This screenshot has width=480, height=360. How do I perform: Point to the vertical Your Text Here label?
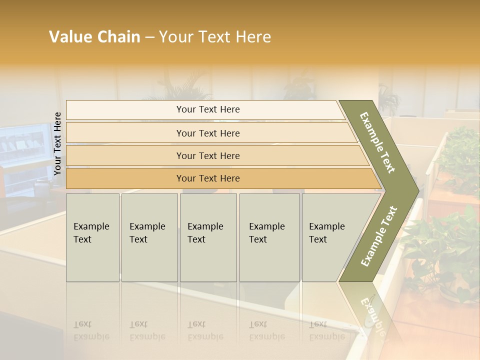[57, 144]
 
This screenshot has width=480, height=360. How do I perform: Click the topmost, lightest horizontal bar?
[208, 109]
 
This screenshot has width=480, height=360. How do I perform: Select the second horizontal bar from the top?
[208, 133]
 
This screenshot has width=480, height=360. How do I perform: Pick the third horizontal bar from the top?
[208, 155]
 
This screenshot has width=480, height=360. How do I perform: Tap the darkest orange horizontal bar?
[208, 178]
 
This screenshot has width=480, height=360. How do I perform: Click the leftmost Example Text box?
[92, 237]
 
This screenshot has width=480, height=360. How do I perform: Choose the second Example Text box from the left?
[149, 237]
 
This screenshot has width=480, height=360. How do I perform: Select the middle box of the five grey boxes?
[208, 237]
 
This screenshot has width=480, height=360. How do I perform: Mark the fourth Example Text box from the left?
[269, 237]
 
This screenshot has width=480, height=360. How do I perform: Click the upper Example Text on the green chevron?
[378, 142]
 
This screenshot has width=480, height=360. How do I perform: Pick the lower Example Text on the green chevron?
[378, 236]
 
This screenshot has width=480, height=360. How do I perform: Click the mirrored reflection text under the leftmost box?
[91, 331]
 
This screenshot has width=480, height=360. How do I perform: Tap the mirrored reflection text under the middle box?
[205, 331]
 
